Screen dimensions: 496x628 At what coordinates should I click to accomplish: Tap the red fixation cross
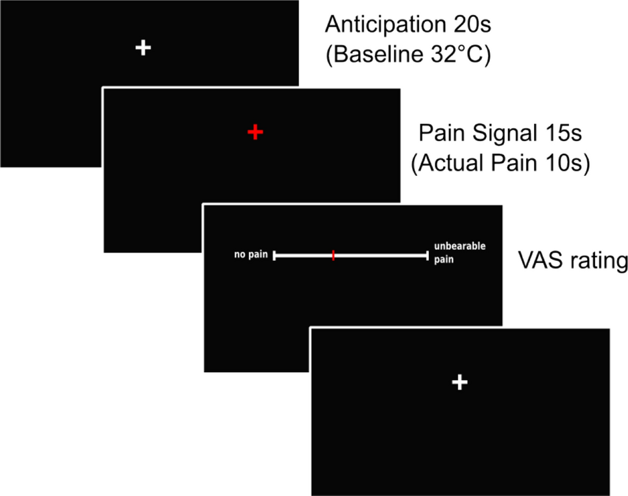click(256, 132)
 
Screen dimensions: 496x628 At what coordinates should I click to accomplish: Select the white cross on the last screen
click(459, 382)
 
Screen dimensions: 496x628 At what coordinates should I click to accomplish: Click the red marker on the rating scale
click(333, 255)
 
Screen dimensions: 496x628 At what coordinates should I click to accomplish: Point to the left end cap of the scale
click(274, 255)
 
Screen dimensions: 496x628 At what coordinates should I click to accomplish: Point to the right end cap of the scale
click(428, 255)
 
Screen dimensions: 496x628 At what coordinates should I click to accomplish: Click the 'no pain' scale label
click(251, 254)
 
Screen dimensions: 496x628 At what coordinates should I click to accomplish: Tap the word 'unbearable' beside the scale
click(460, 247)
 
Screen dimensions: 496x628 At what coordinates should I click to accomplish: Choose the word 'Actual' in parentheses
click(452, 165)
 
